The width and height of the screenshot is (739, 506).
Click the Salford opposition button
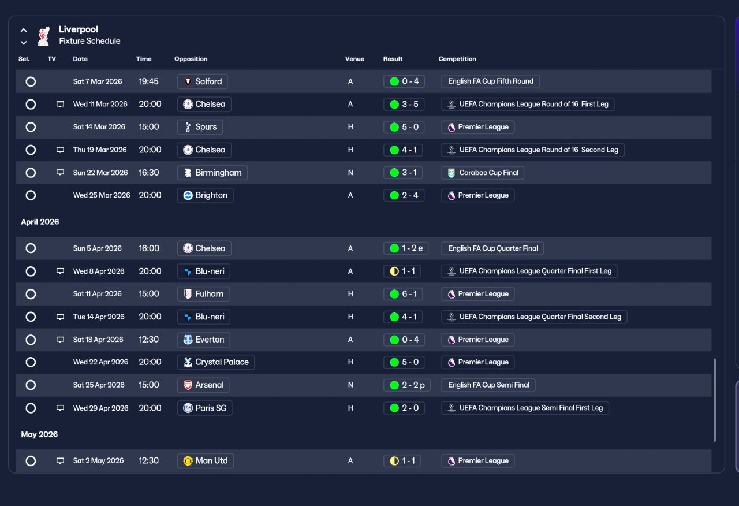(x=202, y=81)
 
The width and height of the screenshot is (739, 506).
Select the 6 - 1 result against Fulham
(x=403, y=294)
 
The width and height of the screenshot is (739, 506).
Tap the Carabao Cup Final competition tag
(x=483, y=173)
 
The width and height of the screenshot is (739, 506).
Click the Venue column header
(x=354, y=59)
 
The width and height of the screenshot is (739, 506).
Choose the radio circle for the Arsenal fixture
(x=31, y=385)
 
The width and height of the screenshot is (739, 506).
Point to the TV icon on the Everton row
(x=60, y=340)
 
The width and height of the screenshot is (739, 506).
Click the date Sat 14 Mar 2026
(x=99, y=127)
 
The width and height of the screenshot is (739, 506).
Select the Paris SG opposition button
(x=204, y=408)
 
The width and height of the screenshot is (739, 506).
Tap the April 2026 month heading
(x=40, y=222)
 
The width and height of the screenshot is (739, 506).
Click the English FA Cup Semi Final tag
(x=488, y=385)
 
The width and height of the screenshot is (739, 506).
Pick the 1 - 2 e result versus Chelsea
(x=406, y=248)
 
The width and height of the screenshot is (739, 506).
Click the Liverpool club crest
(x=43, y=36)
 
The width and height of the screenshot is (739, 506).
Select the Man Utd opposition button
(x=206, y=461)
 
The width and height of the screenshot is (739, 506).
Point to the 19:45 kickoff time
(x=148, y=81)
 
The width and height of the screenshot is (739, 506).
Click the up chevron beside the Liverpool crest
(x=24, y=31)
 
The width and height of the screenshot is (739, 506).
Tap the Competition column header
(x=457, y=59)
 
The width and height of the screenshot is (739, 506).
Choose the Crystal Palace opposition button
(x=216, y=362)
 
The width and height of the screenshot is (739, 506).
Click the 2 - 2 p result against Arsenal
(x=407, y=385)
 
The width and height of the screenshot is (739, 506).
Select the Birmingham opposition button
(x=212, y=173)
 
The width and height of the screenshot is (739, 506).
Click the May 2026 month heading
(x=39, y=434)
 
